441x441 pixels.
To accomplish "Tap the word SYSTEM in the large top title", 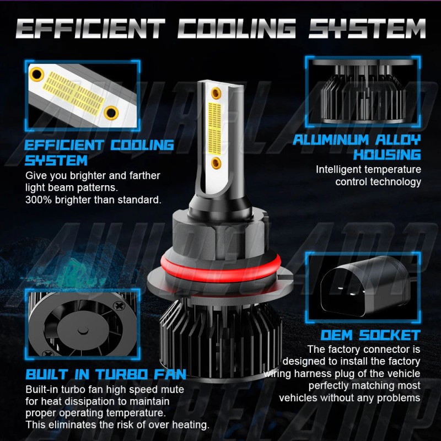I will point(367,29).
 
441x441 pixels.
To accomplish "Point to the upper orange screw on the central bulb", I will point(217,89).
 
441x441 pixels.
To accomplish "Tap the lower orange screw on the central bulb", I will point(217,162).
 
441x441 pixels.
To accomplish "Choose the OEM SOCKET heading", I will point(370,335).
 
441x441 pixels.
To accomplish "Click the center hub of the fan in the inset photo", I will point(83,331).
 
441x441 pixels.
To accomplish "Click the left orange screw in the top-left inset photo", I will point(37,72).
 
